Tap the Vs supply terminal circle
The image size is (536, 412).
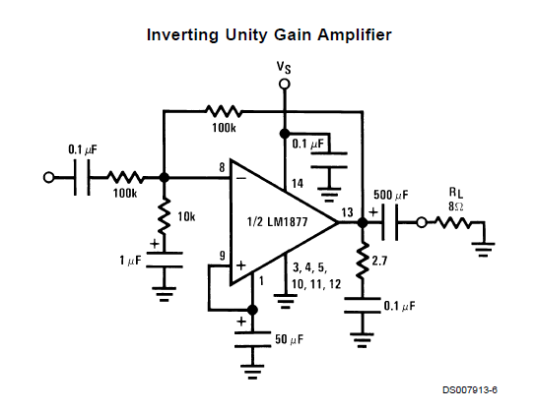(284, 84)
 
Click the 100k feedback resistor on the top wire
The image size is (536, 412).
(224, 111)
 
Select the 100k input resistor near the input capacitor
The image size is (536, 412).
(125, 177)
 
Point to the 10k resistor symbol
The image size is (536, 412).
(165, 216)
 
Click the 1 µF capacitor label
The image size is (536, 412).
(130, 261)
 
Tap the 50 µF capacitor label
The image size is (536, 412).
(290, 339)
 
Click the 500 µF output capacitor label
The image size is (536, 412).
(391, 195)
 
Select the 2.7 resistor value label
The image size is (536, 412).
(379, 261)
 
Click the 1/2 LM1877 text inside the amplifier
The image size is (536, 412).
(277, 222)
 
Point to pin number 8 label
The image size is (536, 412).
(222, 167)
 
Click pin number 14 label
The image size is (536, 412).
(297, 184)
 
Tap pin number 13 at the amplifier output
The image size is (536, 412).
(347, 212)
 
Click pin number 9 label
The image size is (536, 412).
(223, 256)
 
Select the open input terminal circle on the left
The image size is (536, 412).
(48, 177)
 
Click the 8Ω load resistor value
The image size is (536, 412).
(455, 206)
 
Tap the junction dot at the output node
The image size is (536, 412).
(363, 222)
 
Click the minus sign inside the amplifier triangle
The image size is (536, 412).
(241, 178)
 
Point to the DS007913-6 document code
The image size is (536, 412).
(470, 389)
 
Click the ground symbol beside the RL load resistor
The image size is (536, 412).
(484, 249)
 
